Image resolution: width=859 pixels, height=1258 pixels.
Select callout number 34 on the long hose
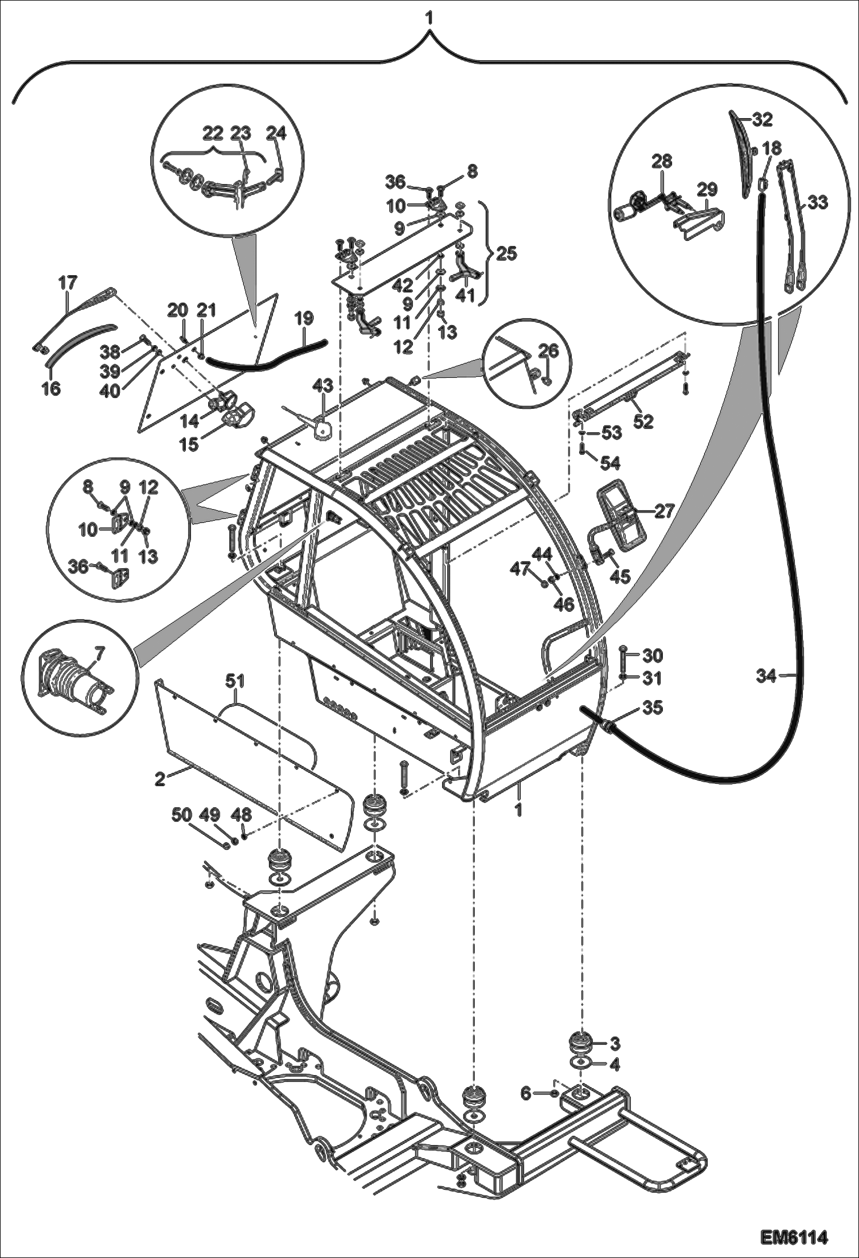pos(766,676)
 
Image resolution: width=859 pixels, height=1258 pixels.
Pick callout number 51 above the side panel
pos(235,681)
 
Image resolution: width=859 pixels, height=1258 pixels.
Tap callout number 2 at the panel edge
pos(160,779)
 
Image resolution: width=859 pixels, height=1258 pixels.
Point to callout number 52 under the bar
pos(643,421)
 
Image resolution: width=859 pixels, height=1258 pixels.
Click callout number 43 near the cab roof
pos(322,385)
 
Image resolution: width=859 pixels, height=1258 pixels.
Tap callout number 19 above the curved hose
pos(304,317)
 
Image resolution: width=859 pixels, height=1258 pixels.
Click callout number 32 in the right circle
pos(763,119)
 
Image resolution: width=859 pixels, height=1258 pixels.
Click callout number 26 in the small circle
pos(549,351)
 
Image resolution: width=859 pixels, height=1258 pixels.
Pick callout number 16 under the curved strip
pos(51,389)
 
